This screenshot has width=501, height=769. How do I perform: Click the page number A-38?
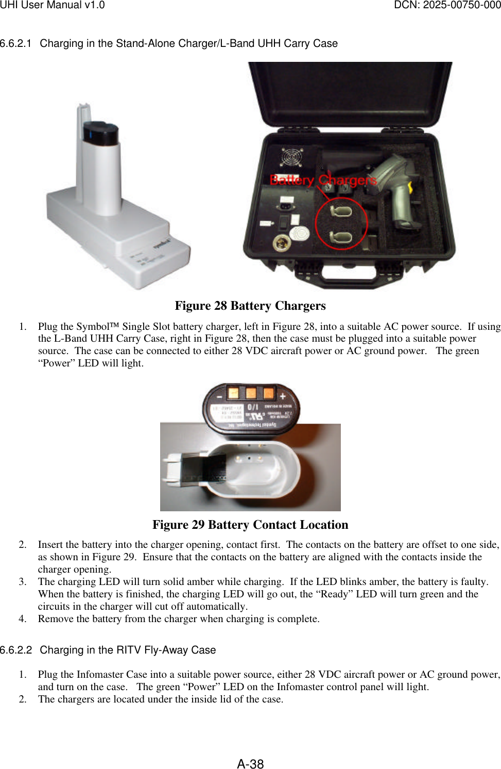[250, 763]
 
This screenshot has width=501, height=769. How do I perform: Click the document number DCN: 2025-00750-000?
[447, 5]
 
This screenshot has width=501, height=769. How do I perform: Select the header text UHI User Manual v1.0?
[52, 5]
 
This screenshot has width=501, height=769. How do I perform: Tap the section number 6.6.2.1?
[15, 43]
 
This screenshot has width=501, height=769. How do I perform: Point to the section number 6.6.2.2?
[15, 650]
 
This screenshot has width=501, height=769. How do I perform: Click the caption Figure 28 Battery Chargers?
[250, 306]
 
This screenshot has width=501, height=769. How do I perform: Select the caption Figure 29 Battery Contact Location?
[250, 525]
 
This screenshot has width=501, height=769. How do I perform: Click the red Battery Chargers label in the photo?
[323, 180]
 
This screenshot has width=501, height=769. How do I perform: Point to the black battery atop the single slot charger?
[101, 133]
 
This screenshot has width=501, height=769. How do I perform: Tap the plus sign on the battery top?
[283, 396]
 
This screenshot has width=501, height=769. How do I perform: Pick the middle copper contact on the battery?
[251, 393]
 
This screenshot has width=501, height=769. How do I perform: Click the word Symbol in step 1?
[93, 326]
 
